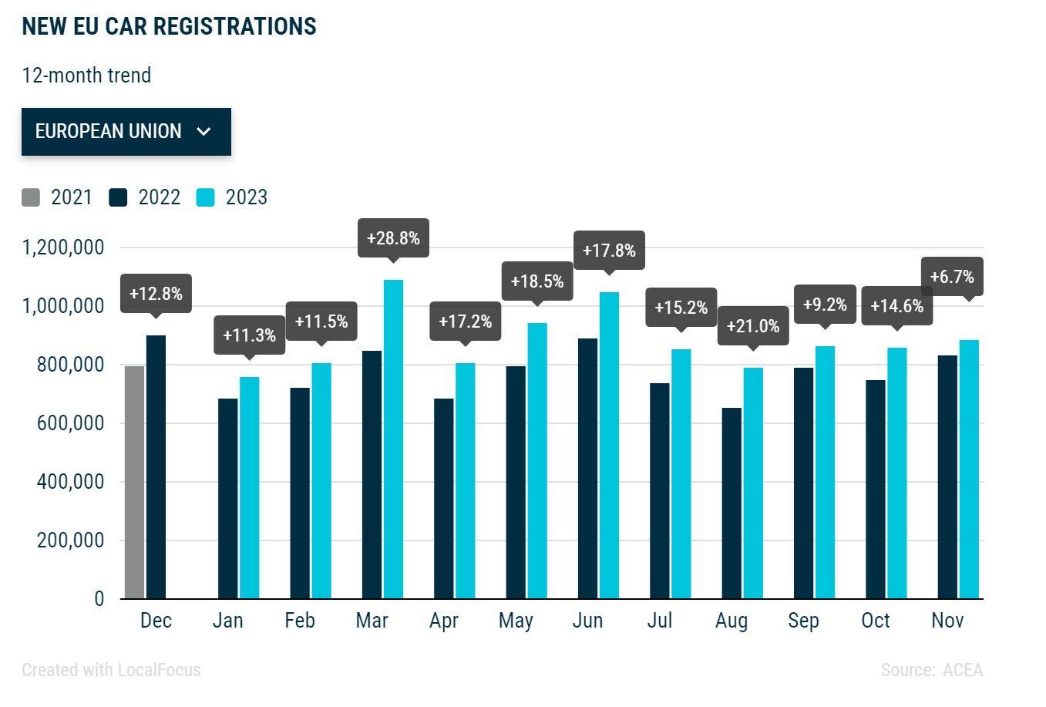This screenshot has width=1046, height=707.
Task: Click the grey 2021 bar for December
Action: tap(134, 482)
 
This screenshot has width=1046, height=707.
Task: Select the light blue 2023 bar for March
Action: tap(393, 439)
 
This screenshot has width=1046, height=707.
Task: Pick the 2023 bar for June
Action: tap(609, 446)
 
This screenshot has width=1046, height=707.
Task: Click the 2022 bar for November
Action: tap(947, 476)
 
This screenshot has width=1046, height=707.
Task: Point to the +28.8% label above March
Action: tap(393, 238)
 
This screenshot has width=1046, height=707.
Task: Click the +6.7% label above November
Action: tap(952, 277)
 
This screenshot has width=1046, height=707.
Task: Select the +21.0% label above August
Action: tap(753, 326)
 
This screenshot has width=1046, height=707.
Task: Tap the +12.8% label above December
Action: tap(156, 294)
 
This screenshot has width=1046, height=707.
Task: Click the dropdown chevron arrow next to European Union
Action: tap(203, 132)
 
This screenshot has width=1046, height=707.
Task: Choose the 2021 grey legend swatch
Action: tap(31, 197)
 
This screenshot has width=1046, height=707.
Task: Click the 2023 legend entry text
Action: tap(246, 197)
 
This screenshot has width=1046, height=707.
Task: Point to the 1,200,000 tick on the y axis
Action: tap(63, 247)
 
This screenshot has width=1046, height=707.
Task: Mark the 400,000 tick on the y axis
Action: tap(70, 482)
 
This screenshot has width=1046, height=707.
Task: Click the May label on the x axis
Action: tap(516, 621)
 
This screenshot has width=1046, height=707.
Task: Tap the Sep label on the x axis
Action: tap(803, 621)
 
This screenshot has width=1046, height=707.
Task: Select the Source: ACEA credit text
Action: tap(931, 670)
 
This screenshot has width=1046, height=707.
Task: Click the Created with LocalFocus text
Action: tap(111, 670)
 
